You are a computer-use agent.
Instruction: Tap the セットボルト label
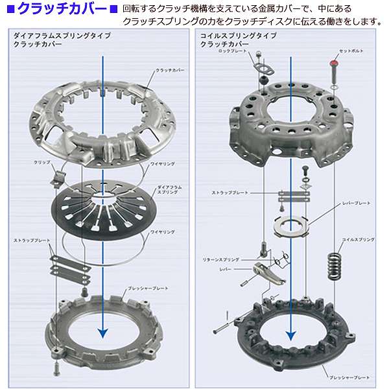(350, 50)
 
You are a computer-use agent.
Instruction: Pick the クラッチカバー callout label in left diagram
(171, 69)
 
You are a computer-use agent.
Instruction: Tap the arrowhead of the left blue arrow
(101, 332)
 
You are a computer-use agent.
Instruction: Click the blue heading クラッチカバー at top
(62, 9)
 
